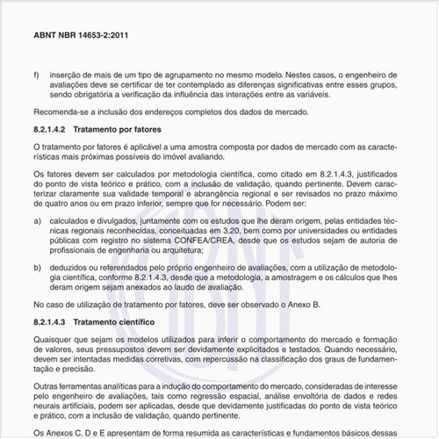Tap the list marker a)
pos(37,222)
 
